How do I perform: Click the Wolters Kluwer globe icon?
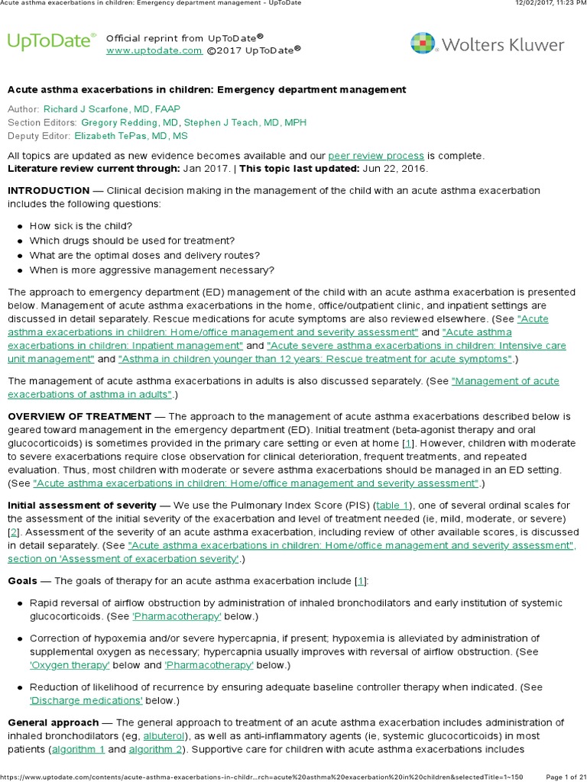424,44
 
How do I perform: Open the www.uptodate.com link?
154,50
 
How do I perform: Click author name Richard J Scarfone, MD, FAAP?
112,110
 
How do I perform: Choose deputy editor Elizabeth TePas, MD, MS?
131,136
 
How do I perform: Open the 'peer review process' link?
376,156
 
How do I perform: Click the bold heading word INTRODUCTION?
48,190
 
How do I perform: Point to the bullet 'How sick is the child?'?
81,226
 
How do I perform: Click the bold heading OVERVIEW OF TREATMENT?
79,416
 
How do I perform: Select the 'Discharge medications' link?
86,700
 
